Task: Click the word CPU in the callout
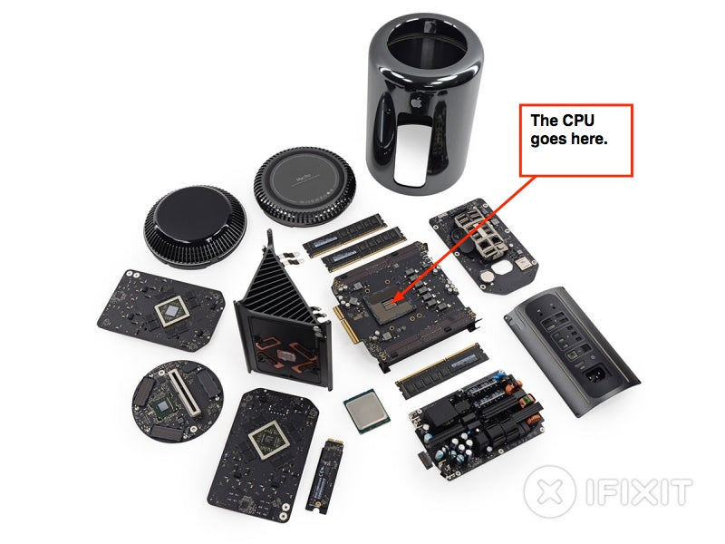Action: [x=577, y=121]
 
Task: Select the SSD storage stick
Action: [x=324, y=475]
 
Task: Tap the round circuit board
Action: [x=178, y=401]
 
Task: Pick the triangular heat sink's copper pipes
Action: [x=283, y=353]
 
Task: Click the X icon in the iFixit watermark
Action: [x=550, y=491]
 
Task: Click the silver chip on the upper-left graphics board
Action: [x=171, y=311]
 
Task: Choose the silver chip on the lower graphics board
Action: [x=266, y=440]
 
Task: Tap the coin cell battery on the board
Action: [x=486, y=277]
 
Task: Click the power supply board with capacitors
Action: [x=477, y=423]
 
